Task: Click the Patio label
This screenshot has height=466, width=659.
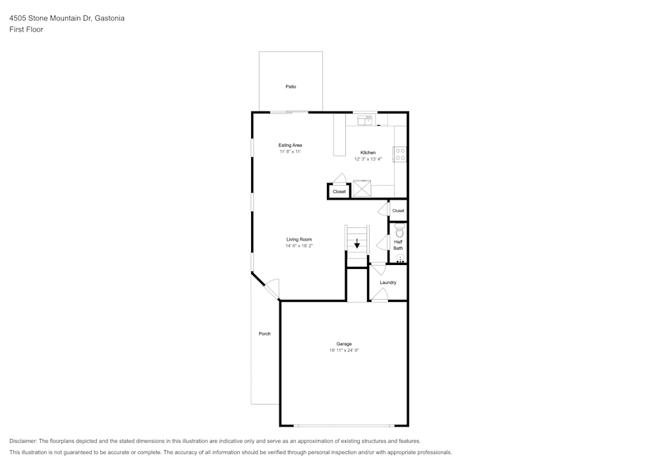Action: [291, 86]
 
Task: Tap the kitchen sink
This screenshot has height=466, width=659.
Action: [366, 120]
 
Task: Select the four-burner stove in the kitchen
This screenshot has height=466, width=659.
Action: [400, 154]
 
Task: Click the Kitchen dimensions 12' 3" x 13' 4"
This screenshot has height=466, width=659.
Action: [368, 159]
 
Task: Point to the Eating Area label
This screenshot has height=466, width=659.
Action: [290, 145]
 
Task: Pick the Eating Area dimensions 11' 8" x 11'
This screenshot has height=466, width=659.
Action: [290, 152]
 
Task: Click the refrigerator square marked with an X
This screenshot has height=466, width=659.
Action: [362, 189]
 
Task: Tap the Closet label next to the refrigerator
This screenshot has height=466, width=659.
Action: [339, 192]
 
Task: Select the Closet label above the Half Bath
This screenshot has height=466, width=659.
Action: [398, 211]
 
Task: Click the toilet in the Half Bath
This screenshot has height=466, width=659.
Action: [399, 230]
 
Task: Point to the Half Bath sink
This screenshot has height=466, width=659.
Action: [400, 258]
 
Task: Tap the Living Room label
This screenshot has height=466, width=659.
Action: [299, 239]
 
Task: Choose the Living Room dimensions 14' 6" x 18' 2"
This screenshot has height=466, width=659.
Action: [299, 246]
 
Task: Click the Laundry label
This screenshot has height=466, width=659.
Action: [388, 282]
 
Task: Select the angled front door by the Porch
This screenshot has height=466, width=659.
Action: [272, 288]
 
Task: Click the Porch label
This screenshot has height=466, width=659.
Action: [264, 334]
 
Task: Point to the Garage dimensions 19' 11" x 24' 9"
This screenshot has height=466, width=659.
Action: [344, 351]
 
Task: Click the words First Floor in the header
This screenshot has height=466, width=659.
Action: [26, 30]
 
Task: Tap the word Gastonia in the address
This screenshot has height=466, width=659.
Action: [110, 18]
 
